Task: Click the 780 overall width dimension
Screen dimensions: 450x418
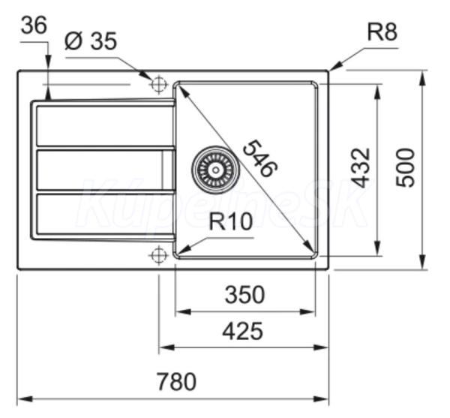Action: (x=177, y=381)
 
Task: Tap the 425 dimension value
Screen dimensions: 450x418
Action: (x=243, y=331)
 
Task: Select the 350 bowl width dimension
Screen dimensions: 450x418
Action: (x=244, y=295)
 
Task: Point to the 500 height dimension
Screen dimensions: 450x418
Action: (x=406, y=167)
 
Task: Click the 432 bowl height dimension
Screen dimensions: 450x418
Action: (x=361, y=167)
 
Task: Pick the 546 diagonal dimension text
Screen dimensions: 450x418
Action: (x=260, y=158)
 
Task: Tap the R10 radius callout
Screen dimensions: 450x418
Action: (x=231, y=221)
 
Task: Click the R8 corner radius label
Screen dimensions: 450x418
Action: (x=382, y=32)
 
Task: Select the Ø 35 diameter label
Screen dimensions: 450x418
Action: (x=91, y=41)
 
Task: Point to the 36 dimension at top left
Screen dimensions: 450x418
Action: (x=34, y=25)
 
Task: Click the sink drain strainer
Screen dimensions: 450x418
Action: (x=215, y=170)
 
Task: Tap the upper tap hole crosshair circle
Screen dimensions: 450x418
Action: (x=158, y=84)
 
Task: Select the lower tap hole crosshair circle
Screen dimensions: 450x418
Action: (x=158, y=254)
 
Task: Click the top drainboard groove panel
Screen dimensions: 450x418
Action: (x=105, y=126)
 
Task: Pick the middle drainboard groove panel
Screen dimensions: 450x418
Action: (x=105, y=170)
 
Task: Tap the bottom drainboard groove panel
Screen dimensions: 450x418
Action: (x=105, y=215)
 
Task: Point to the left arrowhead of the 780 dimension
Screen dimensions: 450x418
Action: (x=25, y=399)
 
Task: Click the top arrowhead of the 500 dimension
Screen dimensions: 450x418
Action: (x=422, y=78)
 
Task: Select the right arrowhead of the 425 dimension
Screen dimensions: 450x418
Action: (x=321, y=347)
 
